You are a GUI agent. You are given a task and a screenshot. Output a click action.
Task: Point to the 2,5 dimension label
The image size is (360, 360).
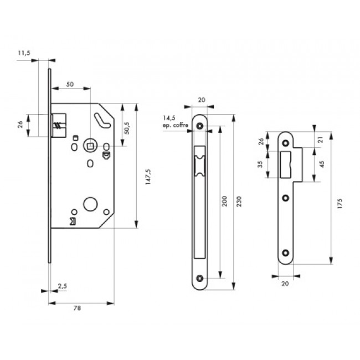click(62, 286)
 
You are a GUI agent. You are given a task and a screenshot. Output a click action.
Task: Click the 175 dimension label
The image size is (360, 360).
click(339, 203)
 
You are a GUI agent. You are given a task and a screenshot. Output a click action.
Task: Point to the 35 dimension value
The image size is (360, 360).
click(260, 164)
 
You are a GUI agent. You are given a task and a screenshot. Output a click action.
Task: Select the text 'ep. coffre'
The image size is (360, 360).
click(176, 126)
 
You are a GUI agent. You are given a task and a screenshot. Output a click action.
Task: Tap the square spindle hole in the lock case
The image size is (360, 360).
click(88, 146)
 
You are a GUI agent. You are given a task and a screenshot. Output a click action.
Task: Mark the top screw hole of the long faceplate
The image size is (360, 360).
click(202, 127)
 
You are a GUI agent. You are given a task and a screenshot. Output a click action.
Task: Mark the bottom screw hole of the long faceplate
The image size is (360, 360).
click(202, 278)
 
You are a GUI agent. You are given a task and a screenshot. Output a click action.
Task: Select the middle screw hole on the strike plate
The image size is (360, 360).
click(286, 198)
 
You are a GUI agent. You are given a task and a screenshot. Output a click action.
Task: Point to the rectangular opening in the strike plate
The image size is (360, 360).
click(287, 162)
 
